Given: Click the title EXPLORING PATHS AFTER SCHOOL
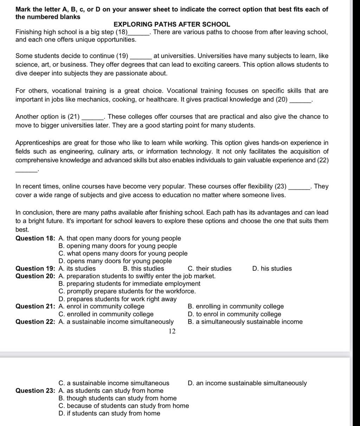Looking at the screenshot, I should point(172,25).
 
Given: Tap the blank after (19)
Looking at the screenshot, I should point(141,56).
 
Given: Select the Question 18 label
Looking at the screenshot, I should point(35,238).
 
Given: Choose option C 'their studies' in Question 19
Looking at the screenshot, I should point(210,269).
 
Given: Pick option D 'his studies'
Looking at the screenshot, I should point(272,269).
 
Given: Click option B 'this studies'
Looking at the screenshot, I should point(144,269).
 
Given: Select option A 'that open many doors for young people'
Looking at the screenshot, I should point(120,238).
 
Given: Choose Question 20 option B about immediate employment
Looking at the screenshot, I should point(129,283).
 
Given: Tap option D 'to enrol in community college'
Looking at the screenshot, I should point(235,314).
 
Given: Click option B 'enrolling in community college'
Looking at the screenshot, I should point(236,307).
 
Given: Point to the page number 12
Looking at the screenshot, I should point(172,331).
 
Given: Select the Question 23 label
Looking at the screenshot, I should point(35,391).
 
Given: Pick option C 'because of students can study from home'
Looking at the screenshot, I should point(124,406).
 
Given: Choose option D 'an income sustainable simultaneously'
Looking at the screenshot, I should point(247,383).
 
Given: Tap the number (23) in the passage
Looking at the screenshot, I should point(281,186).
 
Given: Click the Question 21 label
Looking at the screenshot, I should point(35,307).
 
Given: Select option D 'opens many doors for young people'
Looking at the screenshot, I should point(115,261).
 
